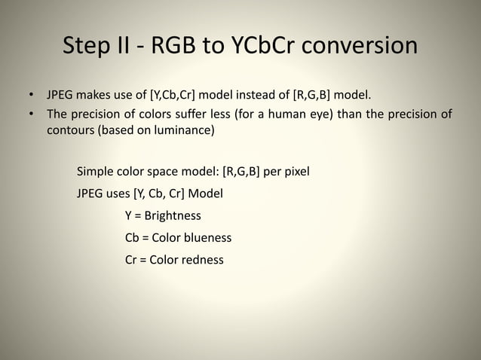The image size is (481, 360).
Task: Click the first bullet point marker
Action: coord(31,96)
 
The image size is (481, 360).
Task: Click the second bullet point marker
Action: coord(31,114)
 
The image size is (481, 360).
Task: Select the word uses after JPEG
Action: coord(124,193)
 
